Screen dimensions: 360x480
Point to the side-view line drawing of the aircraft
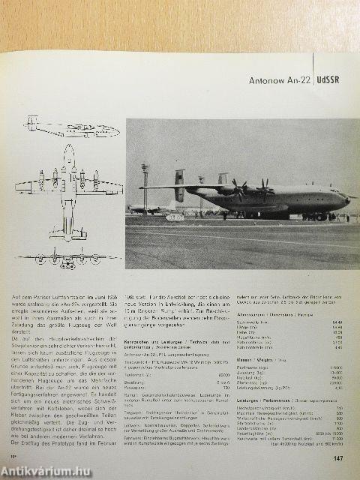click(x=72, y=127)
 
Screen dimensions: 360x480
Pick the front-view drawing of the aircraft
click(x=68, y=257)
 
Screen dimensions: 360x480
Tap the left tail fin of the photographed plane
click(x=180, y=184)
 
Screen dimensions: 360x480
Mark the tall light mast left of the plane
click(x=145, y=187)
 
